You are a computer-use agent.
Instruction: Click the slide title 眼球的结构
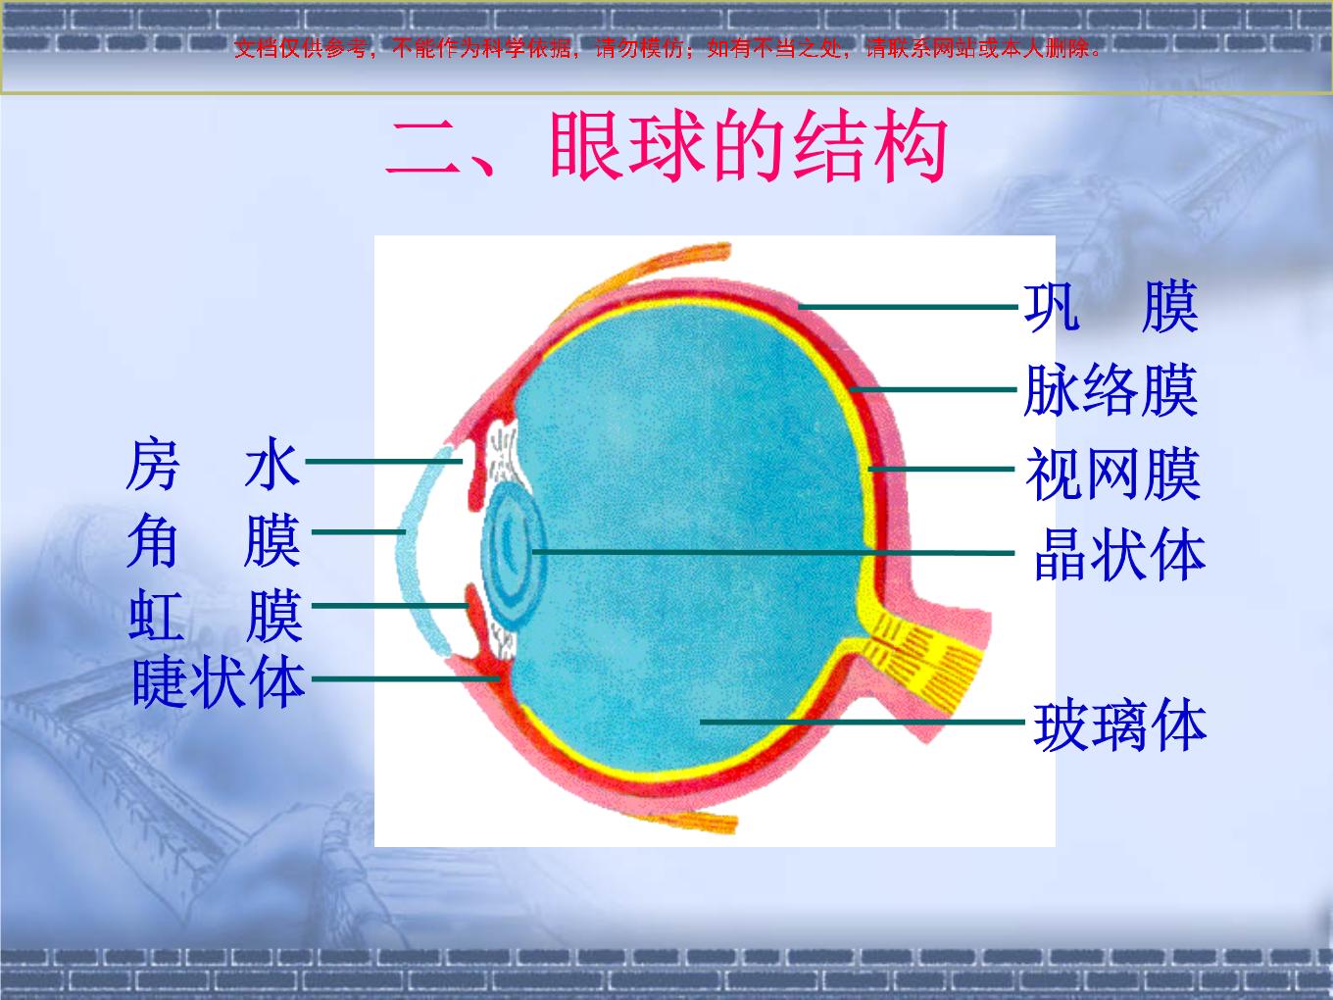pos(748,146)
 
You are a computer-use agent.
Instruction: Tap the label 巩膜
pos(1111,307)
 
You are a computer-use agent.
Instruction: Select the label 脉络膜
pos(1111,390)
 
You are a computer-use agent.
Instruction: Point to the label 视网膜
pos(1112,474)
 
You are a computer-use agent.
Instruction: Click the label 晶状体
pos(1118,555)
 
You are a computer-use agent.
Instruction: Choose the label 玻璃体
pos(1119,725)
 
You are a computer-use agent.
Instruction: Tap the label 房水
pos(213,464)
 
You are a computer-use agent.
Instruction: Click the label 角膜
pos(213,540)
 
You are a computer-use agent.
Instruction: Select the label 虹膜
pos(215,615)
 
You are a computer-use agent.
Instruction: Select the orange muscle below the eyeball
pos(699,821)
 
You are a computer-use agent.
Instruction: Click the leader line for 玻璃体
pos(863,722)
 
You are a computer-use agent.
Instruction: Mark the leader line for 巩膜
pos(908,307)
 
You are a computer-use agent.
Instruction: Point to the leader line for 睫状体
pos(406,678)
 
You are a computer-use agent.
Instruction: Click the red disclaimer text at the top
pos(666,48)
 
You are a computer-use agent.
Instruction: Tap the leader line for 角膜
pos(359,532)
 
